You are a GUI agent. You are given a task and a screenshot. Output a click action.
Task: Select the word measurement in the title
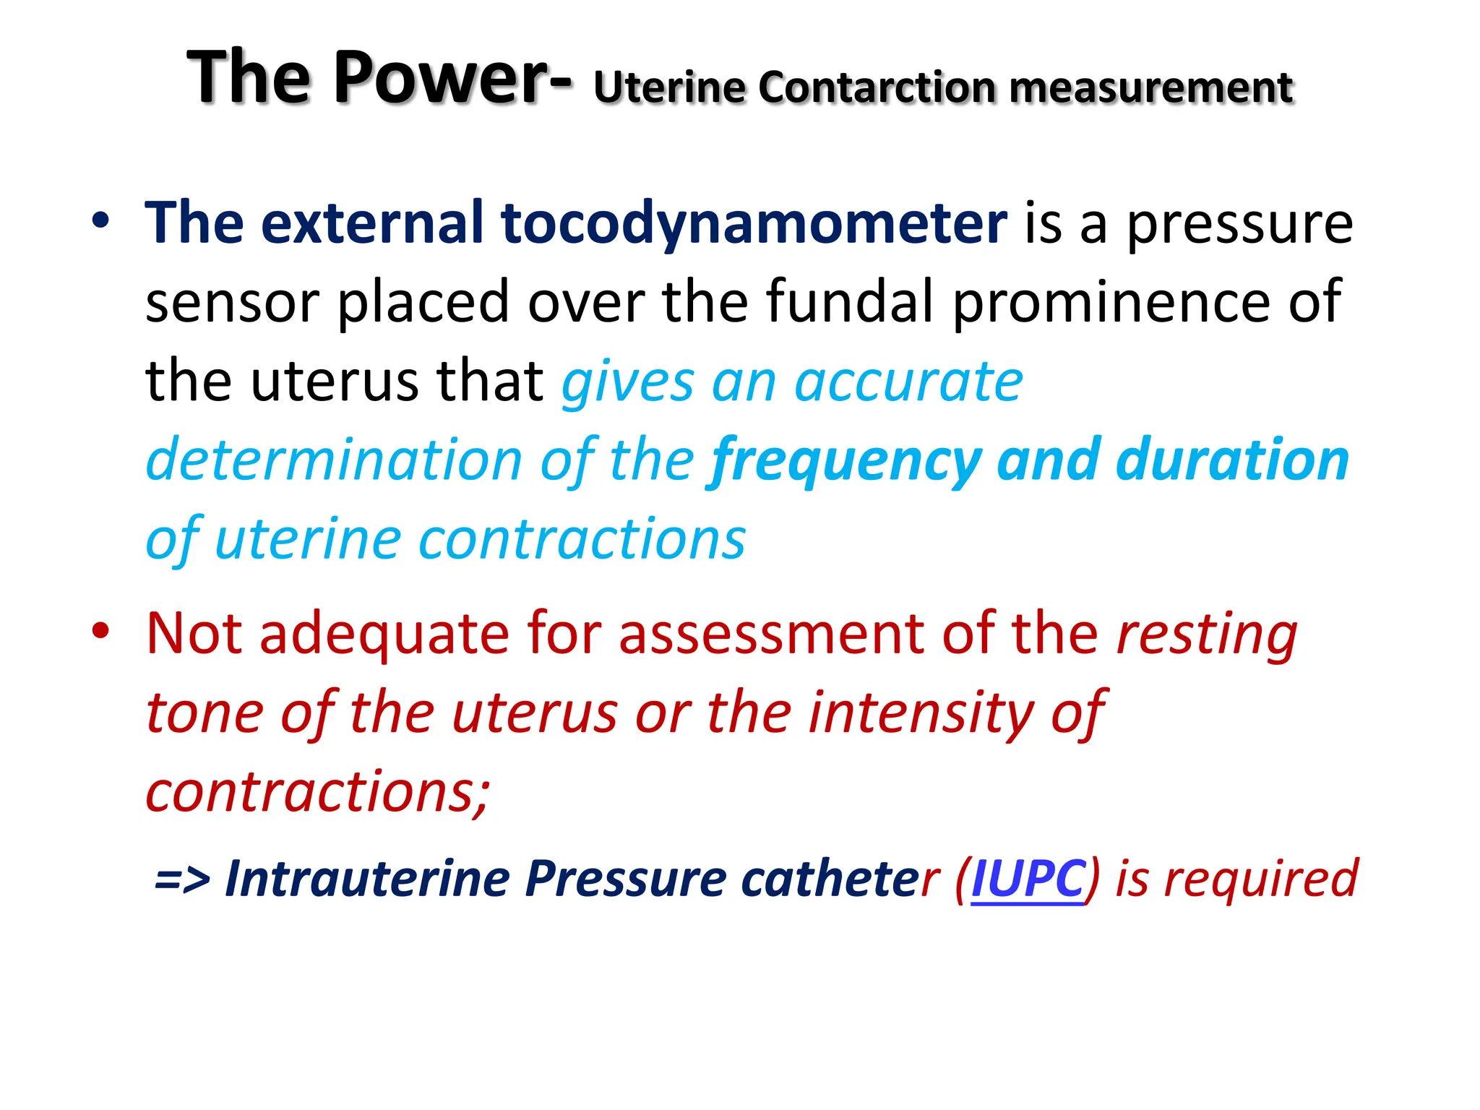(x=1150, y=87)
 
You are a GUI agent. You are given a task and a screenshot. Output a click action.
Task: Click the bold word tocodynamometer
(x=754, y=223)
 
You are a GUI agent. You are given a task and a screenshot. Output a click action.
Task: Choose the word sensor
(x=232, y=302)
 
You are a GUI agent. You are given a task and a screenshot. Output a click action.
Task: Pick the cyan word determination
(x=334, y=460)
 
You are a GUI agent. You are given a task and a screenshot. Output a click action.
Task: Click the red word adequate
(x=384, y=634)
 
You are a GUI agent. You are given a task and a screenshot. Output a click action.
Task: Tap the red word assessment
(x=771, y=633)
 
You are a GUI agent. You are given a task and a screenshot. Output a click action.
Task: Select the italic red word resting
(x=1206, y=634)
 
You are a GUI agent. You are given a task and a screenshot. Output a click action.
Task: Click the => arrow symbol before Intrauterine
(x=182, y=879)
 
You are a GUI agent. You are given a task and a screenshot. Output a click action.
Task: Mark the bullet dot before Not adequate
(x=100, y=631)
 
